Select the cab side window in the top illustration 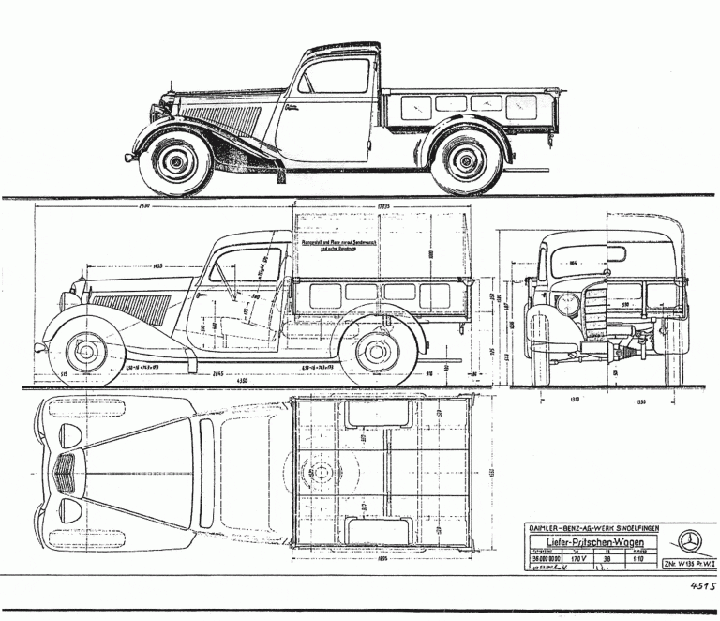(336, 75)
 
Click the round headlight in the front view (568, 305)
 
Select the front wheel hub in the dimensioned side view (88, 351)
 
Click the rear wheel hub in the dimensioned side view (377, 351)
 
